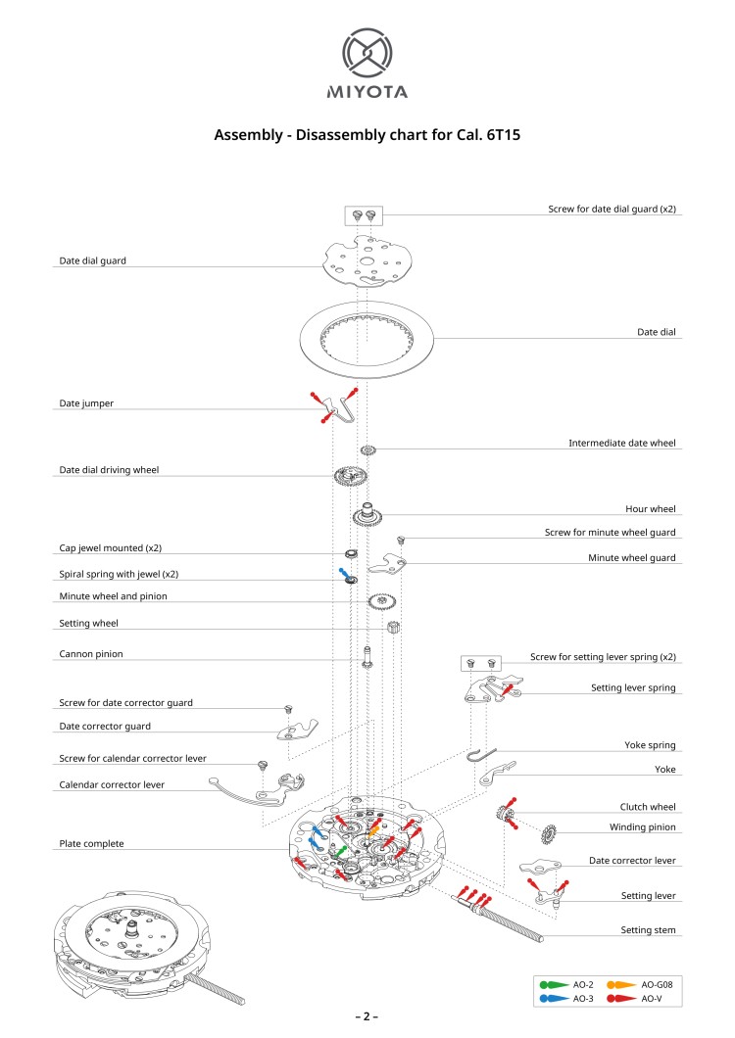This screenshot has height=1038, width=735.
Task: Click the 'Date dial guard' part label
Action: tap(92, 261)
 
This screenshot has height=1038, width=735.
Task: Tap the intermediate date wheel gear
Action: tap(368, 450)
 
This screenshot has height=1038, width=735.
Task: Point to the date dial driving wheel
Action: tap(350, 478)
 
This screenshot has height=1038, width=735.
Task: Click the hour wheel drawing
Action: tap(369, 512)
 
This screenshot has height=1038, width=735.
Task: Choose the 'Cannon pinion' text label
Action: tap(91, 653)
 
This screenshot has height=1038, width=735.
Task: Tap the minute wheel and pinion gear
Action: tap(381, 601)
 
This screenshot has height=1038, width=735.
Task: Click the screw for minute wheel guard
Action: tap(401, 540)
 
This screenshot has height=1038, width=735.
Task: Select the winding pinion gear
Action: tap(549, 834)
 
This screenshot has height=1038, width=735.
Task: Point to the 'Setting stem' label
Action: tap(648, 929)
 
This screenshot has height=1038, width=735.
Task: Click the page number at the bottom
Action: tap(367, 1016)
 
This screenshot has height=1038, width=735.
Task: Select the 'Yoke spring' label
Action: tap(650, 745)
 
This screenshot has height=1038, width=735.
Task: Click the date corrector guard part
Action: tap(297, 731)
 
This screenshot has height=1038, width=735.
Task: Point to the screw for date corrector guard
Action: tap(289, 708)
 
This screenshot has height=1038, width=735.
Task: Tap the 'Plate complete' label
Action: tap(91, 843)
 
